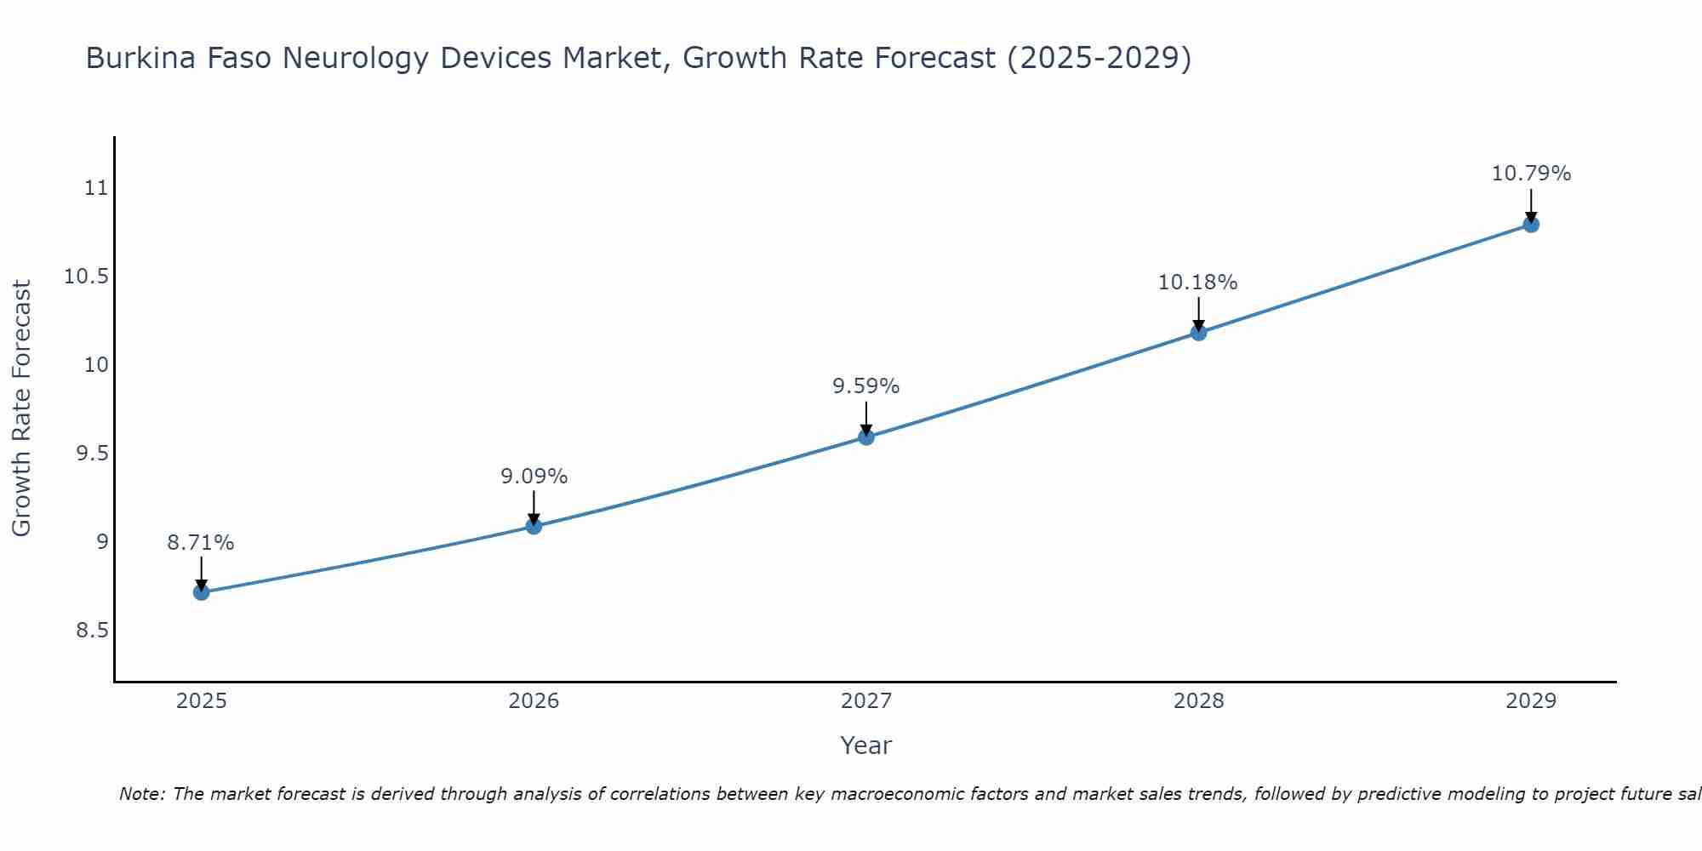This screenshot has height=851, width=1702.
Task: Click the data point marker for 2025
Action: pyautogui.click(x=201, y=592)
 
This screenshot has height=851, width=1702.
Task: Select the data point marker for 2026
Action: pyautogui.click(x=534, y=526)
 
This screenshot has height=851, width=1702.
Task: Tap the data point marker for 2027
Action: pyautogui.click(x=866, y=437)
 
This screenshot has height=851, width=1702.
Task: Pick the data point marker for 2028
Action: pyautogui.click(x=1198, y=332)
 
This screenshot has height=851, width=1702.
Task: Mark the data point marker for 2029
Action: pyautogui.click(x=1531, y=225)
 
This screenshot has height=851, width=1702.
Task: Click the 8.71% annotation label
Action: pyautogui.click(x=201, y=543)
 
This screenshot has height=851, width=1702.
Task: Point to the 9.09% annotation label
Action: pyautogui.click(x=534, y=477)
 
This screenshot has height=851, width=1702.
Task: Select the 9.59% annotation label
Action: pyautogui.click(x=866, y=386)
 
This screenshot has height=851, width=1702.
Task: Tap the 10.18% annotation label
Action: pyautogui.click(x=1198, y=283)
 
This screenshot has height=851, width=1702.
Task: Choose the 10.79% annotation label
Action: pyautogui.click(x=1531, y=174)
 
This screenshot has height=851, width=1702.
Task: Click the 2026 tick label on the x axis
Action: pyautogui.click(x=534, y=701)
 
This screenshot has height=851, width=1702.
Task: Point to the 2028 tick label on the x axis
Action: pyautogui.click(x=1198, y=701)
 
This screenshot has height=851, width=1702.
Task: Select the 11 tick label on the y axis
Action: pyautogui.click(x=97, y=188)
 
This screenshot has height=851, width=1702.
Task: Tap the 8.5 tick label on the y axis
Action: pyautogui.click(x=93, y=631)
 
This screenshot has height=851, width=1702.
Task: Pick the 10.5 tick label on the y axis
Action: pyautogui.click(x=87, y=277)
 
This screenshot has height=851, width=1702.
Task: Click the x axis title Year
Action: pyautogui.click(x=866, y=745)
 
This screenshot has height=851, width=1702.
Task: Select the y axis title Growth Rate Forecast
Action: pyautogui.click(x=21, y=408)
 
